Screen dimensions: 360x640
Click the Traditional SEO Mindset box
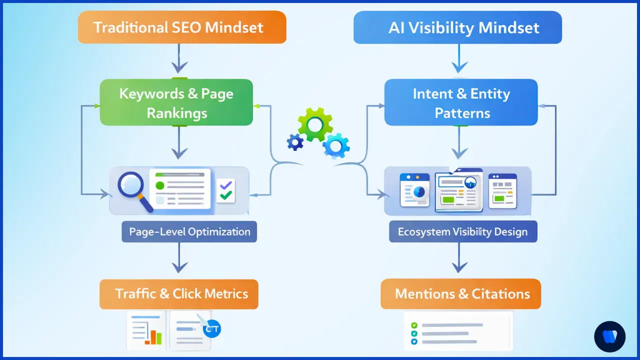[182, 27]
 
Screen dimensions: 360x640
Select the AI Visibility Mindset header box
[457, 27]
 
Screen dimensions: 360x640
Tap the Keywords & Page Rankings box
[176, 102]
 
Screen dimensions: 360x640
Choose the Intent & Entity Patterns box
[461, 102]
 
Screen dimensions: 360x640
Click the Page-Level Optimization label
[189, 232]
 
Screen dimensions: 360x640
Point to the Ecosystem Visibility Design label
[463, 232]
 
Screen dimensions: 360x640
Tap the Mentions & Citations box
[460, 294]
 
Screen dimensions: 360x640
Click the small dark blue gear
[295, 142]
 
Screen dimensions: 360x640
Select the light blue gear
[335, 146]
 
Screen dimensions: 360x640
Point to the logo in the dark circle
[609, 336]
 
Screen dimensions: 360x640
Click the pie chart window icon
[414, 190]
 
